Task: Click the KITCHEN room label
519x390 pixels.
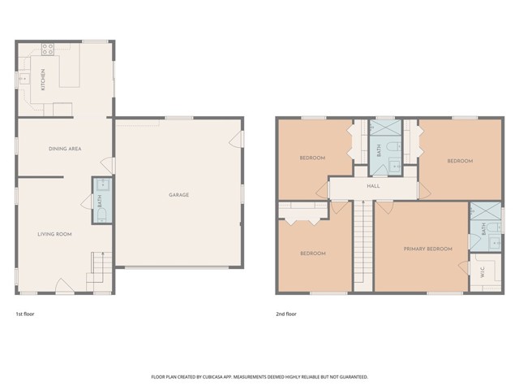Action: [43, 80]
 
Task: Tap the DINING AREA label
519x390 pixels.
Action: [65, 149]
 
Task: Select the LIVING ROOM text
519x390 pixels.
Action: [54, 234]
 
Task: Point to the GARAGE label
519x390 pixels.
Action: [178, 195]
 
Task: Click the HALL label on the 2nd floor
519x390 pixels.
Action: [373, 186]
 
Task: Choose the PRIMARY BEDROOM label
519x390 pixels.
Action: [427, 249]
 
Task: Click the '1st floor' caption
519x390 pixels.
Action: [25, 314]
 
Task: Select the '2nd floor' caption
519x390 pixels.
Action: [286, 314]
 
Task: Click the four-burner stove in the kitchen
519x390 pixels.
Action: [48, 49]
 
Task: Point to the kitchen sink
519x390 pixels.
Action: [24, 79]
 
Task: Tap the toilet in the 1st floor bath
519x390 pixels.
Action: [102, 215]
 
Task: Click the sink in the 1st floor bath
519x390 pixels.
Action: [102, 184]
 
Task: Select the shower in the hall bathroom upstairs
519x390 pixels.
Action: [385, 128]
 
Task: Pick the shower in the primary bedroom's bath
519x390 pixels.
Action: [486, 211]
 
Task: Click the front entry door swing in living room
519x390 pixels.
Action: [65, 286]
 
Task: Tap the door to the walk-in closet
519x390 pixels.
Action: [464, 267]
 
